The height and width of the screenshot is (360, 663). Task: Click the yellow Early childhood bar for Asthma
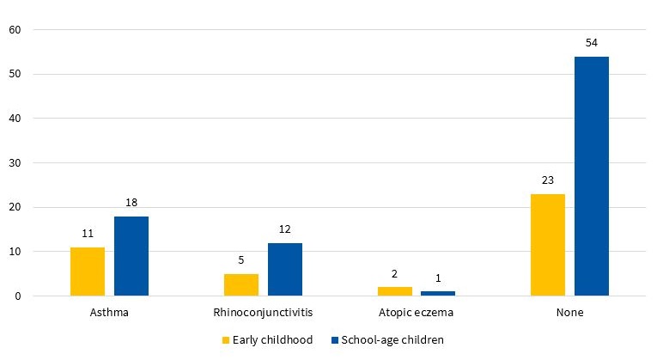click(x=88, y=272)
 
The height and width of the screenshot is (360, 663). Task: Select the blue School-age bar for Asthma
click(x=131, y=256)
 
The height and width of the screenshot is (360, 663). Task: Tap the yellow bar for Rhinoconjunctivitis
click(x=240, y=285)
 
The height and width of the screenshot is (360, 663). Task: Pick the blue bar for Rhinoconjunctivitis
click(x=284, y=270)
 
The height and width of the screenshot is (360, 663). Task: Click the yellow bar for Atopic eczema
click(x=394, y=291)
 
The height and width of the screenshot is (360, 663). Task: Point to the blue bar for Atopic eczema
click(x=438, y=294)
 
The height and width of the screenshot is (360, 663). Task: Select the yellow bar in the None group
click(x=547, y=245)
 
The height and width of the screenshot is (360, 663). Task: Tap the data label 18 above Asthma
click(x=131, y=203)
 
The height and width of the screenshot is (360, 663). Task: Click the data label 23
click(x=547, y=180)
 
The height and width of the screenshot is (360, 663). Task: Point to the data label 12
click(x=284, y=229)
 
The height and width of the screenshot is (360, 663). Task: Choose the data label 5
click(x=240, y=260)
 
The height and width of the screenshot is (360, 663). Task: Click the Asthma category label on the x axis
click(x=109, y=313)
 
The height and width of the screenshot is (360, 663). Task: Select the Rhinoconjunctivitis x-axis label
click(x=262, y=313)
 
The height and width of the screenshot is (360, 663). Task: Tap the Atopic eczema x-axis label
click(x=416, y=313)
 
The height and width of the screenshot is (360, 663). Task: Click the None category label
click(x=569, y=313)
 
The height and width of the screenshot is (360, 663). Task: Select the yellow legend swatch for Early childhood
click(x=227, y=340)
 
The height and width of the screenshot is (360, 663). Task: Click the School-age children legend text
click(x=392, y=340)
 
